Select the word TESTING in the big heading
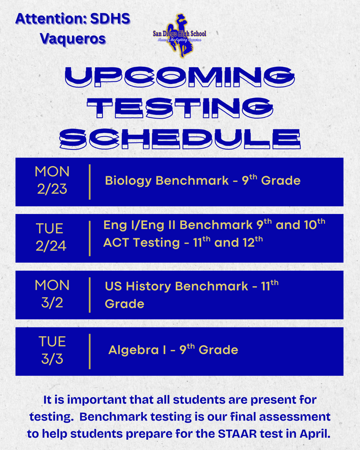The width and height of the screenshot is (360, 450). pyautogui.click(x=180, y=108)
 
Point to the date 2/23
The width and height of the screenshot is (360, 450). pyautogui.click(x=52, y=189)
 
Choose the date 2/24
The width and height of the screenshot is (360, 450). pyautogui.click(x=51, y=246)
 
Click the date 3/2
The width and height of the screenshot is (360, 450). pyautogui.click(x=52, y=303)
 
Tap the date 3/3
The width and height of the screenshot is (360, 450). pyautogui.click(x=52, y=359)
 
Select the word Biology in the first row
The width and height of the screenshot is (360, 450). pyautogui.click(x=128, y=181)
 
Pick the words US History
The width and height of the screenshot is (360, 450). pyautogui.click(x=138, y=287)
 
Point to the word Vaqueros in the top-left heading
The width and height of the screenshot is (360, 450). pyautogui.click(x=73, y=38)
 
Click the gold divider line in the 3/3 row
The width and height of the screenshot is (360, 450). pyautogui.click(x=90, y=351)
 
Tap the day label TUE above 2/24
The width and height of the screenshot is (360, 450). pyautogui.click(x=50, y=229)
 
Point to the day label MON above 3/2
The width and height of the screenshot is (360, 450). pyautogui.click(x=52, y=285)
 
